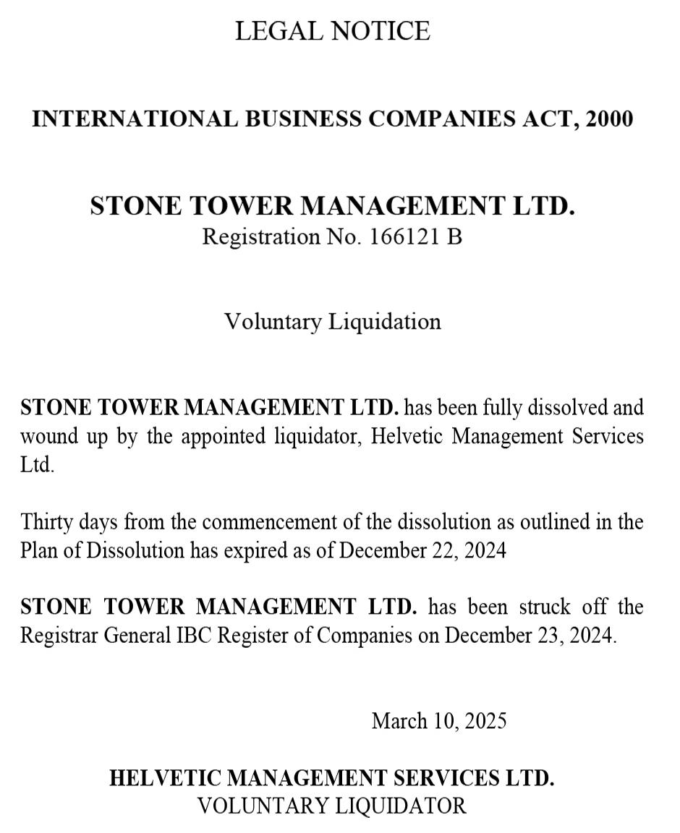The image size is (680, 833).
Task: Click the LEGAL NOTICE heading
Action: pos(332,31)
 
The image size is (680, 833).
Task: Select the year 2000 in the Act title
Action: pos(609,119)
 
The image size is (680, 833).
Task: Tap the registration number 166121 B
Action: pos(415,236)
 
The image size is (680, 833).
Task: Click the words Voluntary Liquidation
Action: pos(332,321)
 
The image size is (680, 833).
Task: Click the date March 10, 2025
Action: pos(438,720)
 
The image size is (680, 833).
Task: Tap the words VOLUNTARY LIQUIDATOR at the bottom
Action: pos(332,806)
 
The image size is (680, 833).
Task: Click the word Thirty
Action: pos(44,521)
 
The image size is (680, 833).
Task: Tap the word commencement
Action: pos(278,521)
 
